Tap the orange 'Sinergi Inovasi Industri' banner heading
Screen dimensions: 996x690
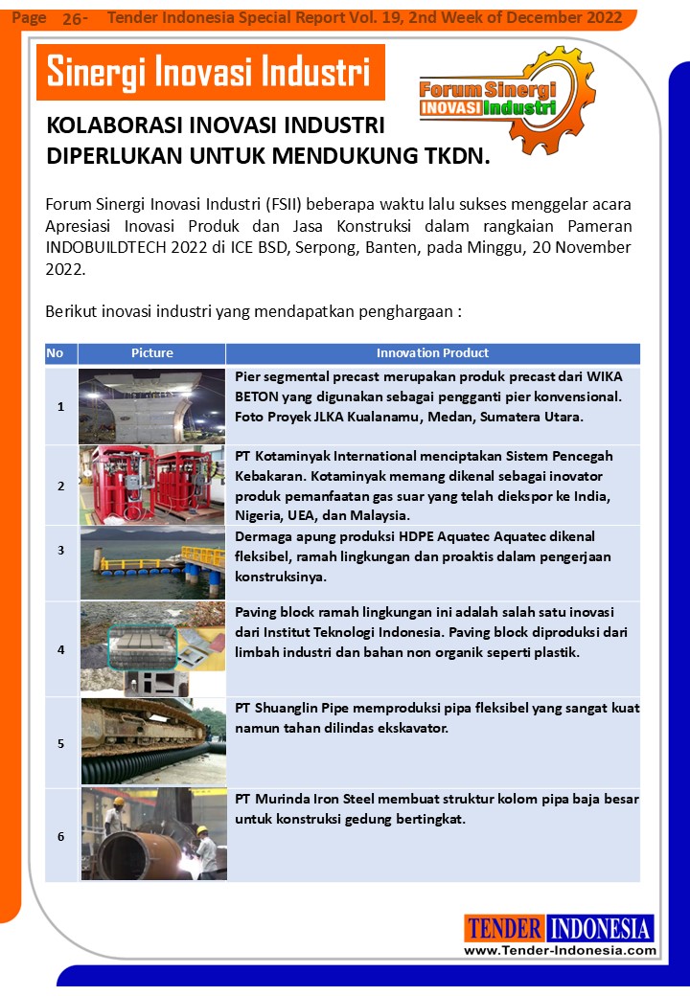209,72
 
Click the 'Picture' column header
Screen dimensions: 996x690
151,353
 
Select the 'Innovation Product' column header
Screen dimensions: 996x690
432,353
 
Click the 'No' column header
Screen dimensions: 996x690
55,353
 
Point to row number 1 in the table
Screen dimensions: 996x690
60,407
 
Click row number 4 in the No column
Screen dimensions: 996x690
60,649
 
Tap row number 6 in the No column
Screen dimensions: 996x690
60,837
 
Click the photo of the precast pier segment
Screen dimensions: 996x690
151,406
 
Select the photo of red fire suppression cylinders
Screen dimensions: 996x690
151,485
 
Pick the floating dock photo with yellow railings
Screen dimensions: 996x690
151,562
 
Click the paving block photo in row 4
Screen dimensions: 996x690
151,648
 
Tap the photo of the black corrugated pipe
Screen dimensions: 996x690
151,742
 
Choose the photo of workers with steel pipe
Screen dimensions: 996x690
151,834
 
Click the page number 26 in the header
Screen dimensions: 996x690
73,18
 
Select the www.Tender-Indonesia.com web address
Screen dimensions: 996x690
560,950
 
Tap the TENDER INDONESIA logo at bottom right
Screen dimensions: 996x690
560,928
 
